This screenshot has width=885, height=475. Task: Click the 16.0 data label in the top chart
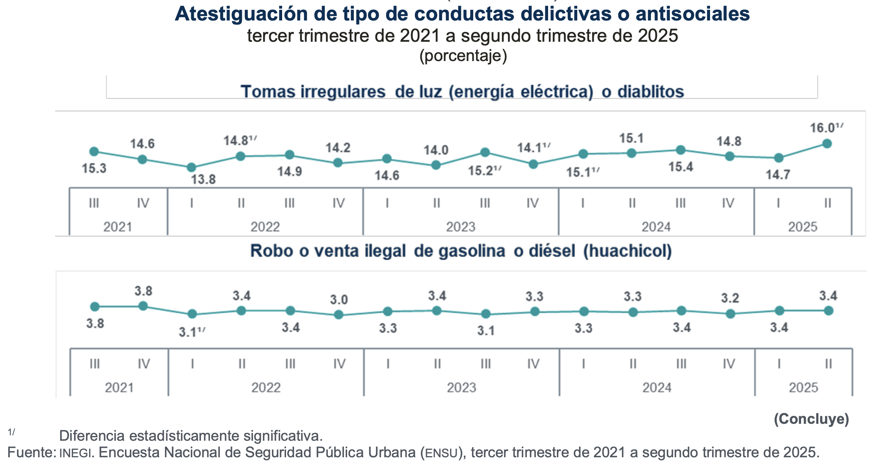point(822,128)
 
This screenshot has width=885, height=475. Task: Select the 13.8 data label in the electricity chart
point(203,179)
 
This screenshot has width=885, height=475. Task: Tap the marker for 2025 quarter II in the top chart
point(827,144)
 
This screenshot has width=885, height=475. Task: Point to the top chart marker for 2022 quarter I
point(192,167)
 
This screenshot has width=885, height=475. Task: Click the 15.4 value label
point(680,167)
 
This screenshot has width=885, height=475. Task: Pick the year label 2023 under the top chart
point(461,227)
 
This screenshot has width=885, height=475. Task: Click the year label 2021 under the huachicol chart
point(119,388)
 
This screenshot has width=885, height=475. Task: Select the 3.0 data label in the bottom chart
point(339,300)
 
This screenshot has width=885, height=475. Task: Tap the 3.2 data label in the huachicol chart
point(730,298)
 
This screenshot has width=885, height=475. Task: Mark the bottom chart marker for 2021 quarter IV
point(143,306)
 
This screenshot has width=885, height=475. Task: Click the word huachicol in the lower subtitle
point(627,251)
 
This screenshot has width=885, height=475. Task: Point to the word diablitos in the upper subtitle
point(650,92)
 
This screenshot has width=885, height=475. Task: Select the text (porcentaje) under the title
point(463,56)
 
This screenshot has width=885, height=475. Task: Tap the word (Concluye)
point(811,419)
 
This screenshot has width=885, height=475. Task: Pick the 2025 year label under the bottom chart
point(803,388)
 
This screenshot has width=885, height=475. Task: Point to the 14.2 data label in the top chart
point(338,148)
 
